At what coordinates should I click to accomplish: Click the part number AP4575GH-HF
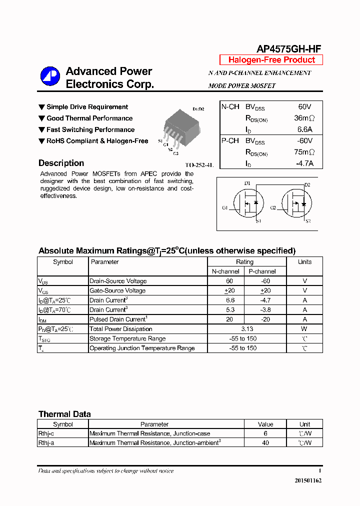click(x=288, y=48)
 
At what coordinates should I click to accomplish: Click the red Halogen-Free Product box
click(x=271, y=60)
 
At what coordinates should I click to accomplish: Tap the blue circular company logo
click(x=50, y=76)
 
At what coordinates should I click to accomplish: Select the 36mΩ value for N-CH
click(x=304, y=118)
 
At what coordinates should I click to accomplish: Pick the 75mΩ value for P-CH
click(x=304, y=152)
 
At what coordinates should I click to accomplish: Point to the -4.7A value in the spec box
click(x=304, y=163)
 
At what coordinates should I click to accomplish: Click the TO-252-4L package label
click(x=199, y=164)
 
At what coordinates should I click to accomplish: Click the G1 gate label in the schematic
click(x=225, y=207)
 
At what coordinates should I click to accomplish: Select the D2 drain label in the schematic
click(x=307, y=185)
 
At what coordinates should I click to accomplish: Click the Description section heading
click(x=61, y=163)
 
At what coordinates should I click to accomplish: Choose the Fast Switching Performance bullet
click(x=90, y=129)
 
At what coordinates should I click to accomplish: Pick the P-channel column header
click(x=262, y=271)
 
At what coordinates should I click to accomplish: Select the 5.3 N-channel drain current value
click(x=230, y=309)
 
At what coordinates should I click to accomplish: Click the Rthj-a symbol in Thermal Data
click(x=46, y=443)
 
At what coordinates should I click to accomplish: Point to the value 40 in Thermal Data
click(x=265, y=443)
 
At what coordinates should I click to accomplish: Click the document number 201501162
click(x=305, y=480)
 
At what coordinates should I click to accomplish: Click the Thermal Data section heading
click(x=64, y=414)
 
